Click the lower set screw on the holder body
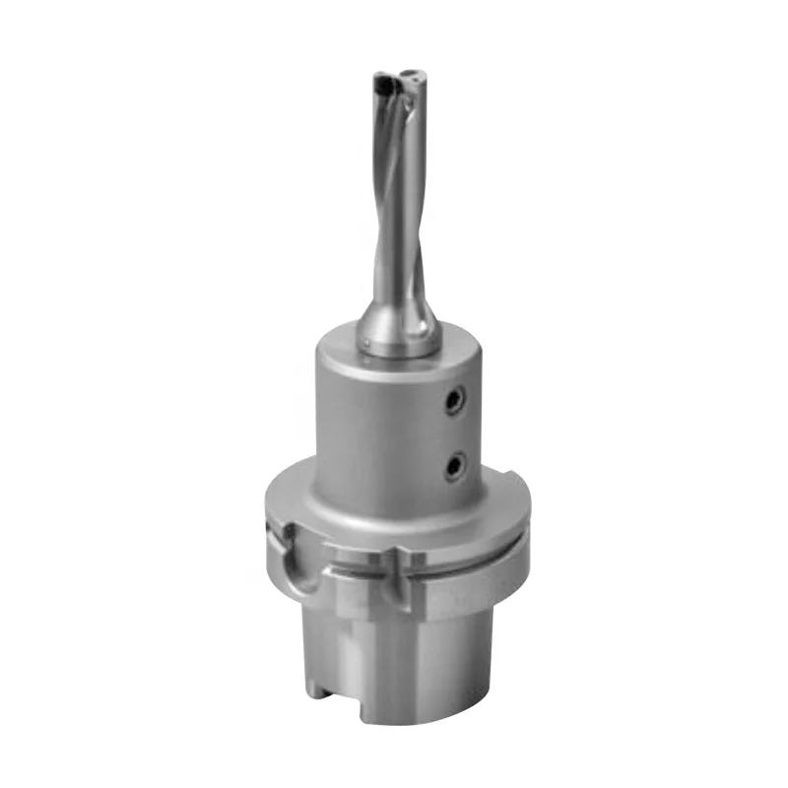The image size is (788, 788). click(x=454, y=465)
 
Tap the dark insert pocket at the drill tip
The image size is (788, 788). click(x=388, y=94)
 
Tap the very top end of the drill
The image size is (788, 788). click(x=399, y=72)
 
